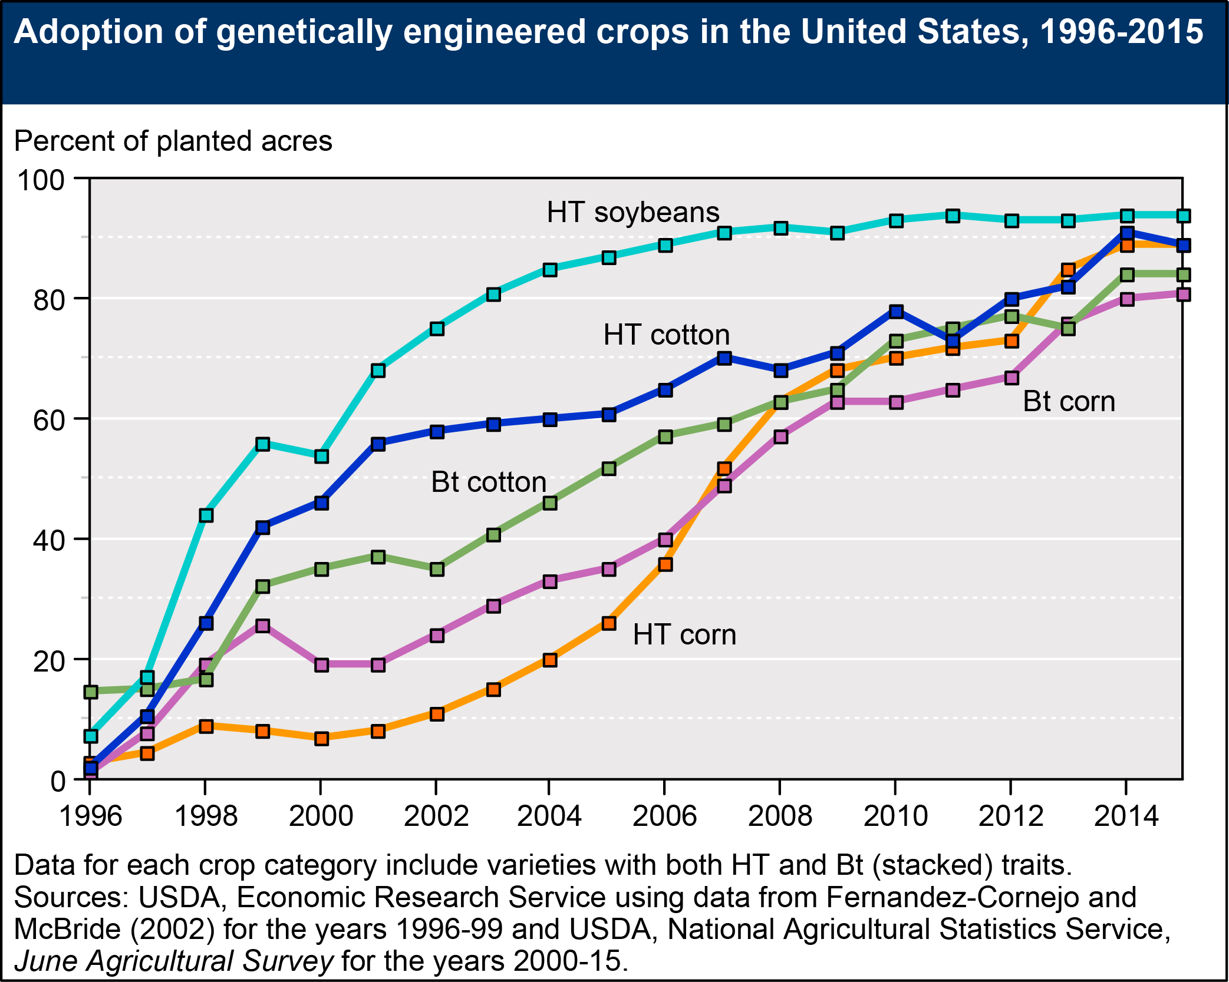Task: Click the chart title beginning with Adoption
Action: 608,32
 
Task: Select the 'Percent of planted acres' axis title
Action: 173,141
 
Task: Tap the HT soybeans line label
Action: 632,212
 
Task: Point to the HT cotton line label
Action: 666,335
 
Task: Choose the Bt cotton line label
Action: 489,482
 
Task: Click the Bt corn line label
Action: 1069,402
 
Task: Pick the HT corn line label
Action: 684,635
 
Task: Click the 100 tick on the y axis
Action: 41,180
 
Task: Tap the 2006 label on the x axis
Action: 664,816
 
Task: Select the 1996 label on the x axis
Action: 90,816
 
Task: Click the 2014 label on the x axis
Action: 1126,816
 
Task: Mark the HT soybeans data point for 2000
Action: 321,457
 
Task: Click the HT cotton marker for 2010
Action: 896,312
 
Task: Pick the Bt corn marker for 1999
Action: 263,626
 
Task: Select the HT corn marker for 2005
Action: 609,623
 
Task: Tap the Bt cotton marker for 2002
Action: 437,570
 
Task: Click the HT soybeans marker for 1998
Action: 206,515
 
